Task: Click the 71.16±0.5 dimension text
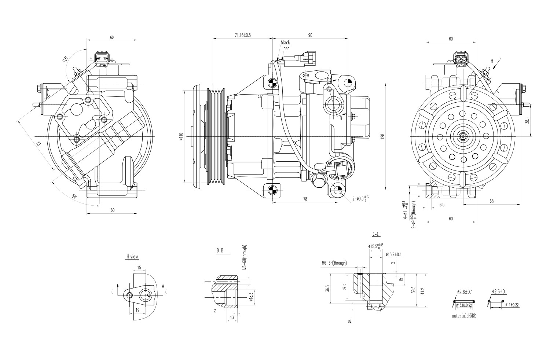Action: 243,35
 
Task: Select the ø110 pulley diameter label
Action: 181,136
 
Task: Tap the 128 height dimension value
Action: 382,136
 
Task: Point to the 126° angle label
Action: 65,59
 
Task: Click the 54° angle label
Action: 75,196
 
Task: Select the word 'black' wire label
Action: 285,43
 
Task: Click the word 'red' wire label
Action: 286,48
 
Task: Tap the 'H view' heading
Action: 132,257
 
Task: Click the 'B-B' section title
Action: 220,251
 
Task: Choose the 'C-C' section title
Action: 376,234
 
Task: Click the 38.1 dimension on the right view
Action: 527,121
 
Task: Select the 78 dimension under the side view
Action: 305,199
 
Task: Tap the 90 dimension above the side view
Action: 310,35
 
